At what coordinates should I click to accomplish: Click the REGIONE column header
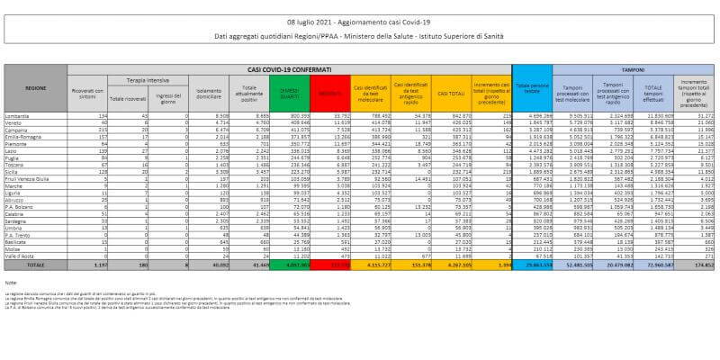[36, 89]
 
